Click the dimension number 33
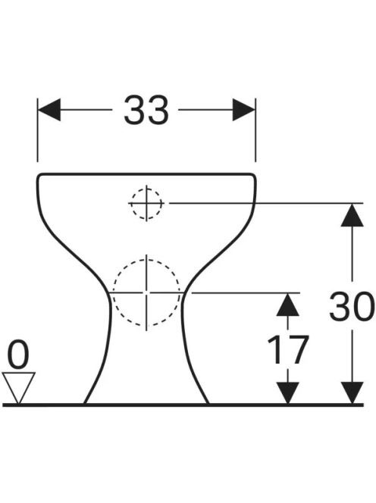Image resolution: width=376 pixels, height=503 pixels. (146, 110)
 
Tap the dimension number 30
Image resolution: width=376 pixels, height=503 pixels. (352, 306)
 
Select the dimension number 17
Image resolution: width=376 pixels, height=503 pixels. (288, 350)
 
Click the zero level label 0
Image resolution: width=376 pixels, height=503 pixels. (18, 356)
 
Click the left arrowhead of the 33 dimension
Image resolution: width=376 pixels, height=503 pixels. (49, 110)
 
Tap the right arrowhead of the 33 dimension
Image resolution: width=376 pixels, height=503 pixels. (243, 110)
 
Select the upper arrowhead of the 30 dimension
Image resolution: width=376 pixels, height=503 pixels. (352, 215)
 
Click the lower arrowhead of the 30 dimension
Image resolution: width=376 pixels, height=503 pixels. (352, 392)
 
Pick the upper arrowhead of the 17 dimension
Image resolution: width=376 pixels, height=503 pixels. (288, 305)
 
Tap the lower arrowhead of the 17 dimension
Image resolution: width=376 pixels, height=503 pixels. (288, 392)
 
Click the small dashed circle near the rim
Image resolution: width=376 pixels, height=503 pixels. (146, 188)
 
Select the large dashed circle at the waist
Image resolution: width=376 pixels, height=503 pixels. (146, 259)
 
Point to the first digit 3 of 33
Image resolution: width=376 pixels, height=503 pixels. (134, 110)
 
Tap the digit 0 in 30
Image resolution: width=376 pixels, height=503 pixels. (363, 306)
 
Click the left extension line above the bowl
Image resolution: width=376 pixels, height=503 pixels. (38, 130)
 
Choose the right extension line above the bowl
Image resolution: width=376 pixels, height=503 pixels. (255, 130)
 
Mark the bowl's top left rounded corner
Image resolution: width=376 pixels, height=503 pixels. (39, 176)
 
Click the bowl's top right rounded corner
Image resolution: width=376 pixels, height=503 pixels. (254, 176)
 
